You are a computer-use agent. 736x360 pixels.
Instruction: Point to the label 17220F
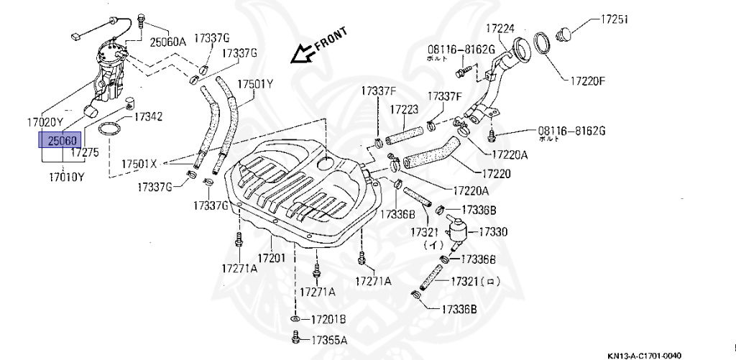(589, 80)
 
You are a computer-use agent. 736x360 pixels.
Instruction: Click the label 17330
(492, 231)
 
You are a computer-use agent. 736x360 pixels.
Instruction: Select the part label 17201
(272, 257)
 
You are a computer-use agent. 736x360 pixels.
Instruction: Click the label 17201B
(328, 318)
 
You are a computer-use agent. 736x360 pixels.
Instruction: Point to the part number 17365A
(328, 340)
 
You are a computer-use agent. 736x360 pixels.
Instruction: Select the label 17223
(405, 109)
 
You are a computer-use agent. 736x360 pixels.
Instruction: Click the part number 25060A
(167, 42)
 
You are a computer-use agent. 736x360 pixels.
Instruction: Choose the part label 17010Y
(66, 176)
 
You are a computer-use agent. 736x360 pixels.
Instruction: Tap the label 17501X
(158, 163)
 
